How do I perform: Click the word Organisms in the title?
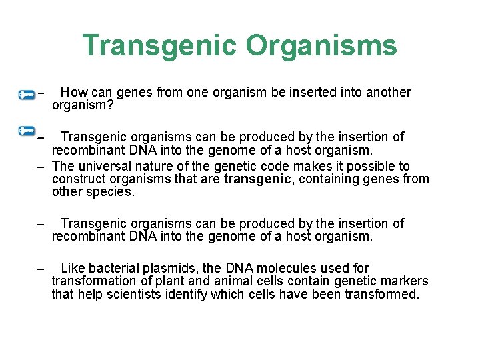321,46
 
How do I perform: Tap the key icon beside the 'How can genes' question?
26,95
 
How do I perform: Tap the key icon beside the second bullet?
26,129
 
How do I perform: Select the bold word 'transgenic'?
256,179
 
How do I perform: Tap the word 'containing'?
327,179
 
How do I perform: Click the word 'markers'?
404,281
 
